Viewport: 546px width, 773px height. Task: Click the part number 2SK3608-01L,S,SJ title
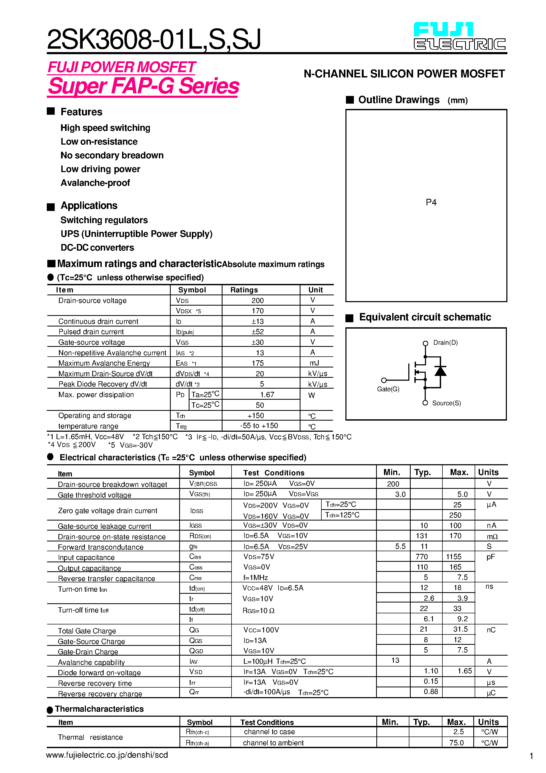(154, 40)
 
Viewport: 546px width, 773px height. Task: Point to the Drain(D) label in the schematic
(445, 343)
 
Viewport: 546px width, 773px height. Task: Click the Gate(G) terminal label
(388, 389)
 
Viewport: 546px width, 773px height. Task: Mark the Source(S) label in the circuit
(446, 403)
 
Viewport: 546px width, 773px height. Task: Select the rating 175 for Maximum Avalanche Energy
(257, 363)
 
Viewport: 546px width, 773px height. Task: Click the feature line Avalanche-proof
(95, 183)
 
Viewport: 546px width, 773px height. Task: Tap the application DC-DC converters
(97, 248)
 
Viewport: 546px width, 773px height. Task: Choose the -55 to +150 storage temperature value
(259, 426)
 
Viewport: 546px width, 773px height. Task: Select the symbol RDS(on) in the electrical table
(200, 536)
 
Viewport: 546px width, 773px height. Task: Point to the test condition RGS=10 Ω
(258, 611)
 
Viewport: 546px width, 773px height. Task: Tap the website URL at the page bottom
(107, 755)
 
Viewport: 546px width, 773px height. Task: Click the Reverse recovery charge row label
(100, 694)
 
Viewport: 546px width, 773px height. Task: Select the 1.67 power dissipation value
(267, 395)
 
